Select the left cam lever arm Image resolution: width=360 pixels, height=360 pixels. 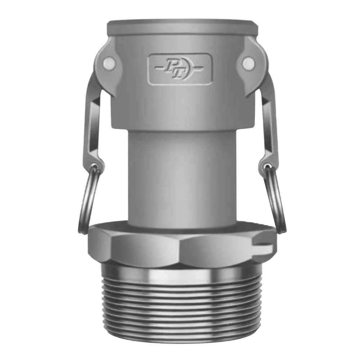(x=92, y=119)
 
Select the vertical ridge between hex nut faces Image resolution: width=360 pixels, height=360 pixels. (x=180, y=248)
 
